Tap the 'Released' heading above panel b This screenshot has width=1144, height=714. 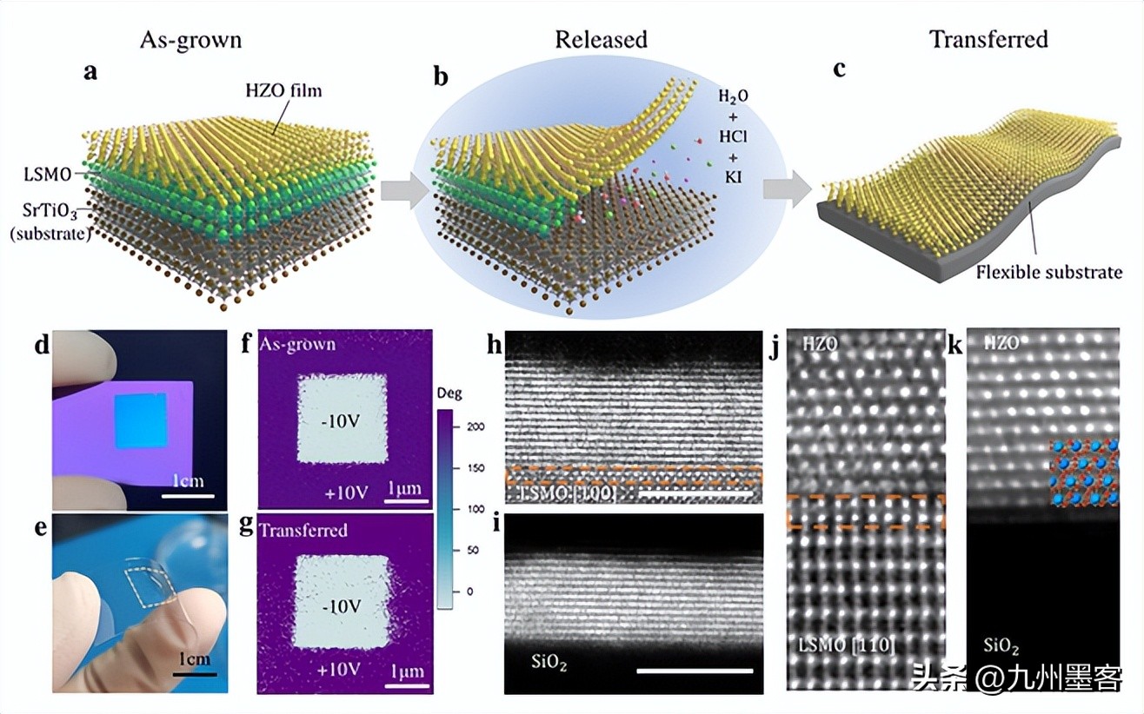(x=601, y=39)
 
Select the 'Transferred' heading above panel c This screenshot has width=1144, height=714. (x=988, y=39)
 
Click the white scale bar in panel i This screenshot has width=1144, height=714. (x=694, y=671)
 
